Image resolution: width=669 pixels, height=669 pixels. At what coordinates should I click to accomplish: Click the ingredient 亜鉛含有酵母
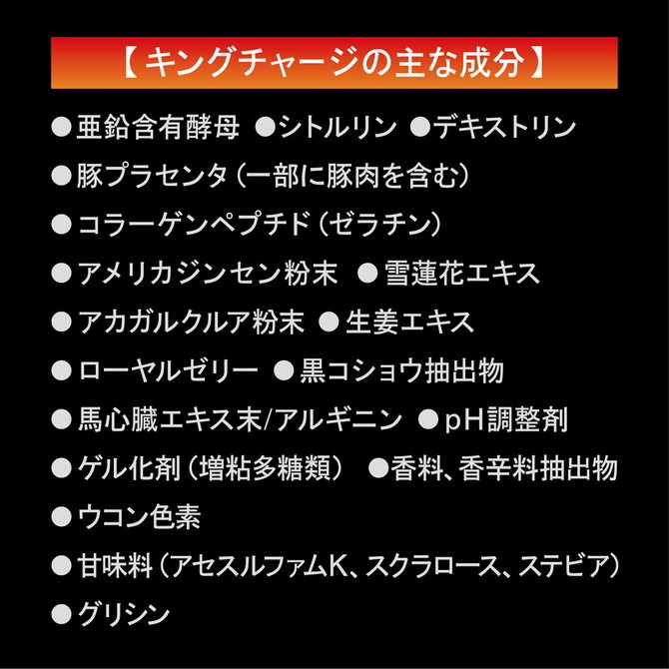click(158, 127)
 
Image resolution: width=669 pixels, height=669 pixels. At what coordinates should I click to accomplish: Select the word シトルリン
click(337, 127)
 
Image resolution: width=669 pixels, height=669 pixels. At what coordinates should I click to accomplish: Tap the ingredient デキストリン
click(505, 127)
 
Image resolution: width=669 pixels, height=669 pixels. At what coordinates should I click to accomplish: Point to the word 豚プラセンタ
click(152, 176)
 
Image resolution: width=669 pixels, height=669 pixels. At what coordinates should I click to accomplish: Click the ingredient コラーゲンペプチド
click(195, 224)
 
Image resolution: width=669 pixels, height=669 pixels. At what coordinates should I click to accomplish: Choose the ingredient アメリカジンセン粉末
click(208, 273)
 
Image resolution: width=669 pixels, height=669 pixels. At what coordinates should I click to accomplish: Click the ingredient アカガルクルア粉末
click(191, 322)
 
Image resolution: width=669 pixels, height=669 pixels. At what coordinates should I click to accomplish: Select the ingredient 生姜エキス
click(409, 322)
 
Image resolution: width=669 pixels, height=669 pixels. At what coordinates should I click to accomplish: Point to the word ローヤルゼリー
click(168, 370)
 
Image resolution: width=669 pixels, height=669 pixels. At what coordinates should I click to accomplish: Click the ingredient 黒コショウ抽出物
click(402, 370)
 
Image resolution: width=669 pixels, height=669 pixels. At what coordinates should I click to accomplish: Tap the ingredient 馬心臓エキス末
click(170, 419)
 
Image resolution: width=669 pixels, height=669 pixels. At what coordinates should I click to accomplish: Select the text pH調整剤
click(506, 419)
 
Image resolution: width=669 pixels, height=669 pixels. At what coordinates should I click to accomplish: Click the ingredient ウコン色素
click(139, 516)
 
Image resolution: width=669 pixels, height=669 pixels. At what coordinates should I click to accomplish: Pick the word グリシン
click(124, 614)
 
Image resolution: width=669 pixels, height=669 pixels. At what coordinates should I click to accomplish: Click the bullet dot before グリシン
click(62, 614)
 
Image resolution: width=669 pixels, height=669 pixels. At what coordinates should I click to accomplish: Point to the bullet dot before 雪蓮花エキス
click(366, 273)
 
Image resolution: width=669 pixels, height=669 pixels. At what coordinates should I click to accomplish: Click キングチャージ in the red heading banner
click(252, 63)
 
